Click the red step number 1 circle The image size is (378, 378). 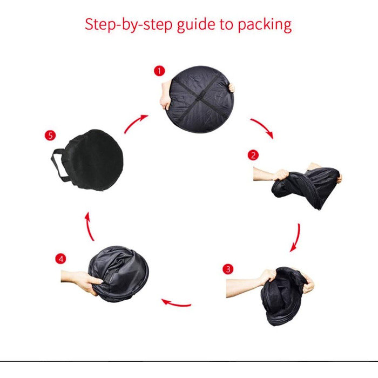pos(159,71)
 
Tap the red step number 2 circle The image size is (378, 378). pos(253,155)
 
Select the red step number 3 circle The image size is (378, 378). pos(228,269)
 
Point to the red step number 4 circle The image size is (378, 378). pos(60,259)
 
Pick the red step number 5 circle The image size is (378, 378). pos(50,136)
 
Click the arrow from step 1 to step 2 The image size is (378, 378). pos(264,126)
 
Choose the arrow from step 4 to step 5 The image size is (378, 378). pos(89,227)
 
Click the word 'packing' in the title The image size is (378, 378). pos(265,25)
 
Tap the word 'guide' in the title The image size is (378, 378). pos(196,25)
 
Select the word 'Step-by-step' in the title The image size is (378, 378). pos(129,25)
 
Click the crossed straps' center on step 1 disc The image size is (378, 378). pos(199,97)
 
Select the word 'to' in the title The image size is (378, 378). pos(226,25)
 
